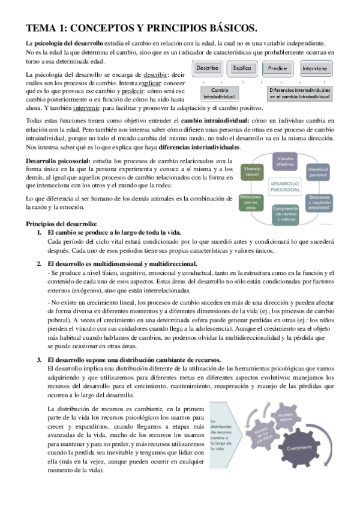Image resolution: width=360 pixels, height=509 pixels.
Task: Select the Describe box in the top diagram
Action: [207, 68]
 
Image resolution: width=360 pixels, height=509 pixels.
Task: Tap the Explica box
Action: [243, 68]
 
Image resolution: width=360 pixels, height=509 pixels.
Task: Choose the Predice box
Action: [278, 68]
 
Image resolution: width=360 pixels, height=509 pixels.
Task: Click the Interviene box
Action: [316, 68]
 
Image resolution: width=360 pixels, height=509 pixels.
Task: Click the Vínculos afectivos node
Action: [284, 161]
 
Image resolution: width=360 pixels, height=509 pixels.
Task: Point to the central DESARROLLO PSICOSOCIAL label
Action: [286, 186]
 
